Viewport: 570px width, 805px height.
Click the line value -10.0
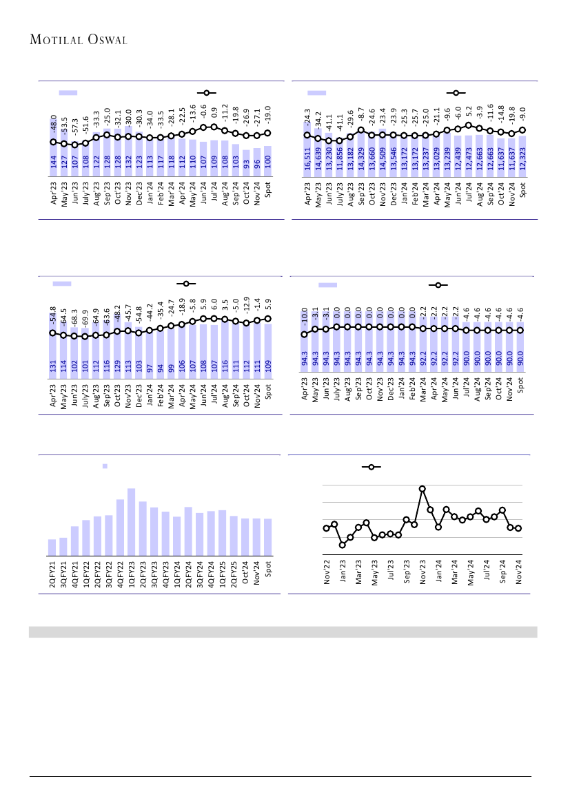click(304, 318)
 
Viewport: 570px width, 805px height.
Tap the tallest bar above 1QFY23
click(131, 521)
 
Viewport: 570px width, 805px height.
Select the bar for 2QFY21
click(52, 547)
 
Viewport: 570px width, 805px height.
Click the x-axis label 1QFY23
click(131, 574)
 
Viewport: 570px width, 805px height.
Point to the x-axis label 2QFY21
click(52, 574)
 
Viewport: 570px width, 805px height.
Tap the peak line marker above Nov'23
click(423, 489)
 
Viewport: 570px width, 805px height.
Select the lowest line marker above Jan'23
click(342, 545)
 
